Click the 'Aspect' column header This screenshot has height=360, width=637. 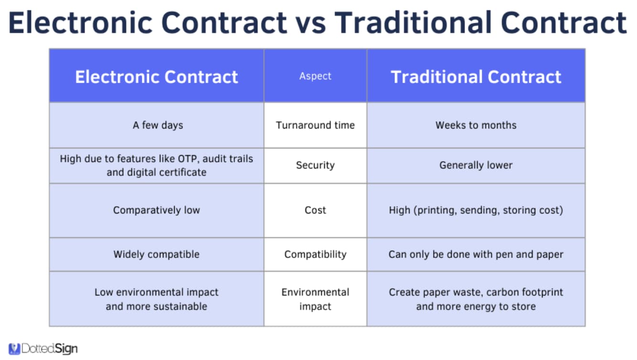click(315, 76)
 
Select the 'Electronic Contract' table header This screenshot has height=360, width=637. click(157, 77)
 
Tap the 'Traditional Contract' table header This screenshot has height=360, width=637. click(476, 77)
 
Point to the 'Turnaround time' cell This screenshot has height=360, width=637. click(315, 125)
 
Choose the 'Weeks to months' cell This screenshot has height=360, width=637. click(476, 125)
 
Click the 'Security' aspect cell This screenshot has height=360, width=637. click(315, 165)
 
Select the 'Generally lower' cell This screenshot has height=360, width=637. click(476, 165)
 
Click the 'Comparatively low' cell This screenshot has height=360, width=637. click(157, 210)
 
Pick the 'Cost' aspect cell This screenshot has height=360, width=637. click(315, 210)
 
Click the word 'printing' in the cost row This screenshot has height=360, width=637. click(436, 211)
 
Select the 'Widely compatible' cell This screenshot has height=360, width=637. click(157, 254)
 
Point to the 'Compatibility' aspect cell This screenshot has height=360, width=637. click(315, 254)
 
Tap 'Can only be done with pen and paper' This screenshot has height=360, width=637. click(476, 254)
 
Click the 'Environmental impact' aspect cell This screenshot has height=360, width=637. click(315, 299)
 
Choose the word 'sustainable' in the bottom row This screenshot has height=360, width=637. click(180, 307)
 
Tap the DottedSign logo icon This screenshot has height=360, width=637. click(14, 349)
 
